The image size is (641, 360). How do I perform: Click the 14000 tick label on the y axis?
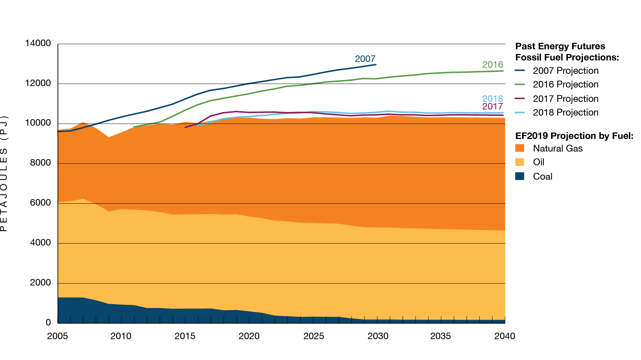[x=38, y=44]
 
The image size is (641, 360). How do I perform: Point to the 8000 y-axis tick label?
[x=40, y=163]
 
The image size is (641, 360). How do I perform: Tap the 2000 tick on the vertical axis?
[x=40, y=283]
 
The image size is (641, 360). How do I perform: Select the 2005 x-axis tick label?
[x=58, y=336]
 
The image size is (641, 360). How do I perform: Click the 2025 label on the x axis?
[x=314, y=336]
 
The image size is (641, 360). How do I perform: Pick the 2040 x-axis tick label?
[x=505, y=336]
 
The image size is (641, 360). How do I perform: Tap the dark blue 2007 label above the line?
[x=365, y=59]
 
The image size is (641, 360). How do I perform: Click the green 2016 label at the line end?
[x=492, y=65]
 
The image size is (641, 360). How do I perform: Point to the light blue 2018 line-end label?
[x=492, y=99]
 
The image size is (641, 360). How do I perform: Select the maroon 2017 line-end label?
[x=492, y=107]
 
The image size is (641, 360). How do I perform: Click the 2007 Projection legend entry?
[x=565, y=71]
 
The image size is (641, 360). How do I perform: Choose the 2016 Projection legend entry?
[x=565, y=85]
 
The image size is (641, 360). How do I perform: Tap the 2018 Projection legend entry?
[x=565, y=113]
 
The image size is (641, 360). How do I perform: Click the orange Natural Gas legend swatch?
[x=520, y=148]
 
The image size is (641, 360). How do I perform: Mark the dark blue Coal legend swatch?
[x=520, y=176]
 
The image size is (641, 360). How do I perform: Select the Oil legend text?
[x=538, y=162]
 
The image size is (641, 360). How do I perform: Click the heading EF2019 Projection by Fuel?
[x=574, y=136]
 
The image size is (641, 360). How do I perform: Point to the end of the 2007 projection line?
[x=376, y=64]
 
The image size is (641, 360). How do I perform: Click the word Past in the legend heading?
[x=525, y=46]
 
